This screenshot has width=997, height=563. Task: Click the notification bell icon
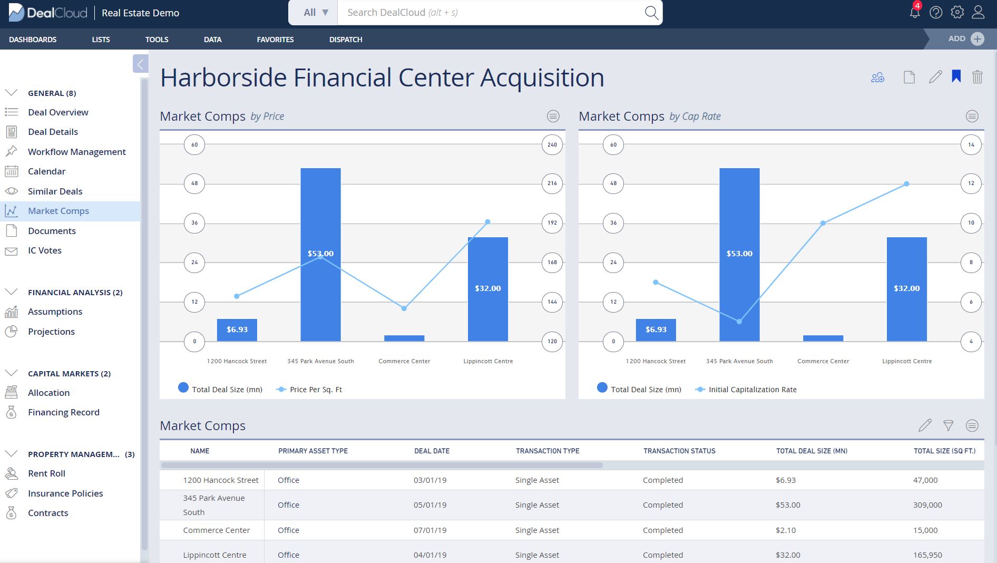(x=915, y=13)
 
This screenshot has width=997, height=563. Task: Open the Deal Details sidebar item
(x=53, y=132)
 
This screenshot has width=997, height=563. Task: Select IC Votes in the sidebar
(x=44, y=250)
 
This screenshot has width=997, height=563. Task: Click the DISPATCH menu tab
(x=346, y=40)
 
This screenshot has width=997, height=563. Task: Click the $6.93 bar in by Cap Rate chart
(x=656, y=330)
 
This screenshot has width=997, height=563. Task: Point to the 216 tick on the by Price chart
(x=552, y=183)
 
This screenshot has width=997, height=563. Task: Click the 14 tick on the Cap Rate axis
(x=971, y=144)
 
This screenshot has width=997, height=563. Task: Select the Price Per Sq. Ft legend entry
(x=315, y=390)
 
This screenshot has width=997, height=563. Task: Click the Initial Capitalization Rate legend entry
(x=752, y=390)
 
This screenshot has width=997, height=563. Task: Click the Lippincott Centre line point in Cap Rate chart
(x=906, y=184)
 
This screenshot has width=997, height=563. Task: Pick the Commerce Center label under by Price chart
(x=404, y=361)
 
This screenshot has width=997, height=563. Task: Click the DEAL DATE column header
(x=432, y=451)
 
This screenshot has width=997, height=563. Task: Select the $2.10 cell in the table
(x=786, y=530)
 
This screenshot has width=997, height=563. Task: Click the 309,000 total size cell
(x=927, y=505)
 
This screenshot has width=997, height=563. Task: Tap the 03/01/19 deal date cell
(x=429, y=480)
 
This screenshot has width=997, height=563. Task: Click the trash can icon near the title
(x=977, y=77)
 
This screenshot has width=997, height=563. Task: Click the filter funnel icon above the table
(x=948, y=425)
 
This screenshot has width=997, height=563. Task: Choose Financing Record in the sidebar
(x=63, y=412)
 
